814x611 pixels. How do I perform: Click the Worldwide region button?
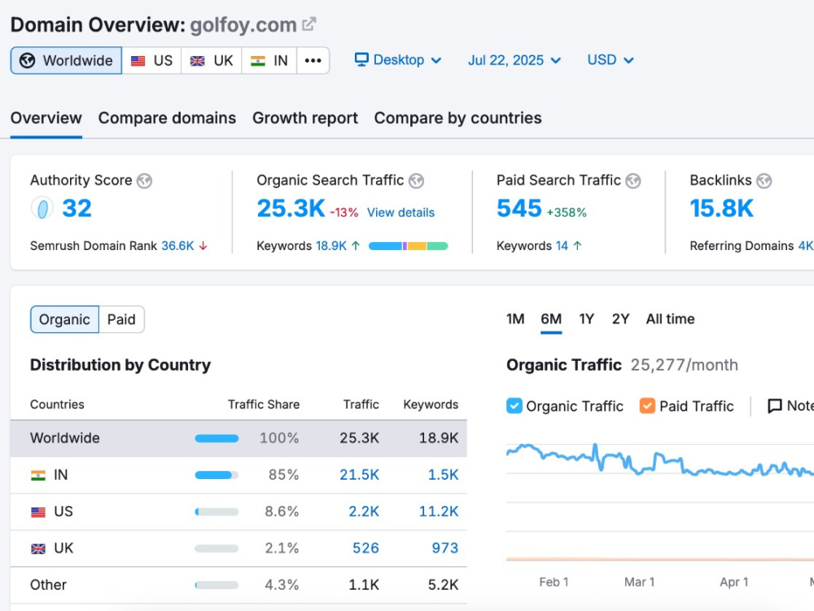click(x=66, y=60)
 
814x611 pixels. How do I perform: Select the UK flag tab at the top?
click(x=212, y=60)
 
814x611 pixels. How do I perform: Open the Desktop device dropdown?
click(x=398, y=59)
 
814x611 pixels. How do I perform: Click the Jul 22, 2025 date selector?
click(x=514, y=60)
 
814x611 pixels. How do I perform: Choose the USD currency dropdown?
click(x=610, y=59)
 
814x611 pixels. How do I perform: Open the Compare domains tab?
click(x=167, y=118)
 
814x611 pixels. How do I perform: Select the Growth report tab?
click(x=305, y=118)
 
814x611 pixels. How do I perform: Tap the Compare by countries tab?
click(x=457, y=118)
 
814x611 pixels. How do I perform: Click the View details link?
click(x=400, y=213)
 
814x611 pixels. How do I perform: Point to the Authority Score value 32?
click(x=77, y=209)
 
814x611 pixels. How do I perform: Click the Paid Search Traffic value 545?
click(x=519, y=209)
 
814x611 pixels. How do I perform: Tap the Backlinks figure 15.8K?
click(x=721, y=209)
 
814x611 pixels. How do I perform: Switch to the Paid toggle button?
click(x=121, y=319)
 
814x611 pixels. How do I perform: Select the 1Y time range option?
click(x=587, y=319)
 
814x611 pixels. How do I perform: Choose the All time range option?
click(x=670, y=319)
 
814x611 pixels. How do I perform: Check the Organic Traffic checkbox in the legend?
click(x=514, y=406)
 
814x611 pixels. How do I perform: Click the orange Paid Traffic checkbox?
click(x=647, y=406)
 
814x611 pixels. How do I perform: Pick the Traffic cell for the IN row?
click(x=359, y=475)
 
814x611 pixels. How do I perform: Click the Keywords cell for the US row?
click(x=439, y=512)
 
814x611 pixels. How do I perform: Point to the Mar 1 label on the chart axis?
click(x=639, y=582)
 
